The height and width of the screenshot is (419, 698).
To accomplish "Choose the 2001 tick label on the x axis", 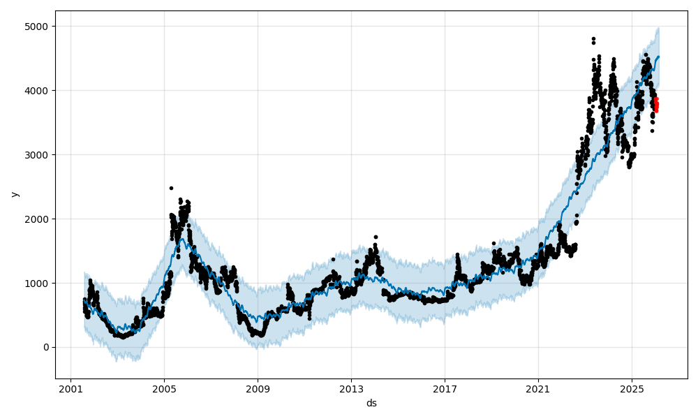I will coord(70,388).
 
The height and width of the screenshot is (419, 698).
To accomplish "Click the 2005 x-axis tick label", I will coord(164,388).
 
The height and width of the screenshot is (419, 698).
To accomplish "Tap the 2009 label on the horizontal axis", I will coord(258,388).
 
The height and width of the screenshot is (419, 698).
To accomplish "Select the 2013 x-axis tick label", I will coord(351,388).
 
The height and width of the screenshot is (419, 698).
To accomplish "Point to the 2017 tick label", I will coord(445,388).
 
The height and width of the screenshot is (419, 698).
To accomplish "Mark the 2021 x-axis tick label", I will coord(538,388).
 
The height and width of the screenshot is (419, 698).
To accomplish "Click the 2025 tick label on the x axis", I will coord(632,388).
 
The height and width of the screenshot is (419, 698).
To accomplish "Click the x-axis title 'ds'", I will coord(371,403).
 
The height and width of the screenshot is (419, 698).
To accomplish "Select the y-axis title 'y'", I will coord(13,193).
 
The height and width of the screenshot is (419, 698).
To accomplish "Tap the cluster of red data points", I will coord(656,105).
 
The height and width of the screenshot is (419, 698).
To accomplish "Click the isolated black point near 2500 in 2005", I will coord(171,188).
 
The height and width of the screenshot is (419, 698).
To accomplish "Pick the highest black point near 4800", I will coord(593,39).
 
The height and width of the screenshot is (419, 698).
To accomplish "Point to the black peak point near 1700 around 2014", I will coord(376,237).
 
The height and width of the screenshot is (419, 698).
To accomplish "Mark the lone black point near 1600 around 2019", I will coord(493,244).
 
